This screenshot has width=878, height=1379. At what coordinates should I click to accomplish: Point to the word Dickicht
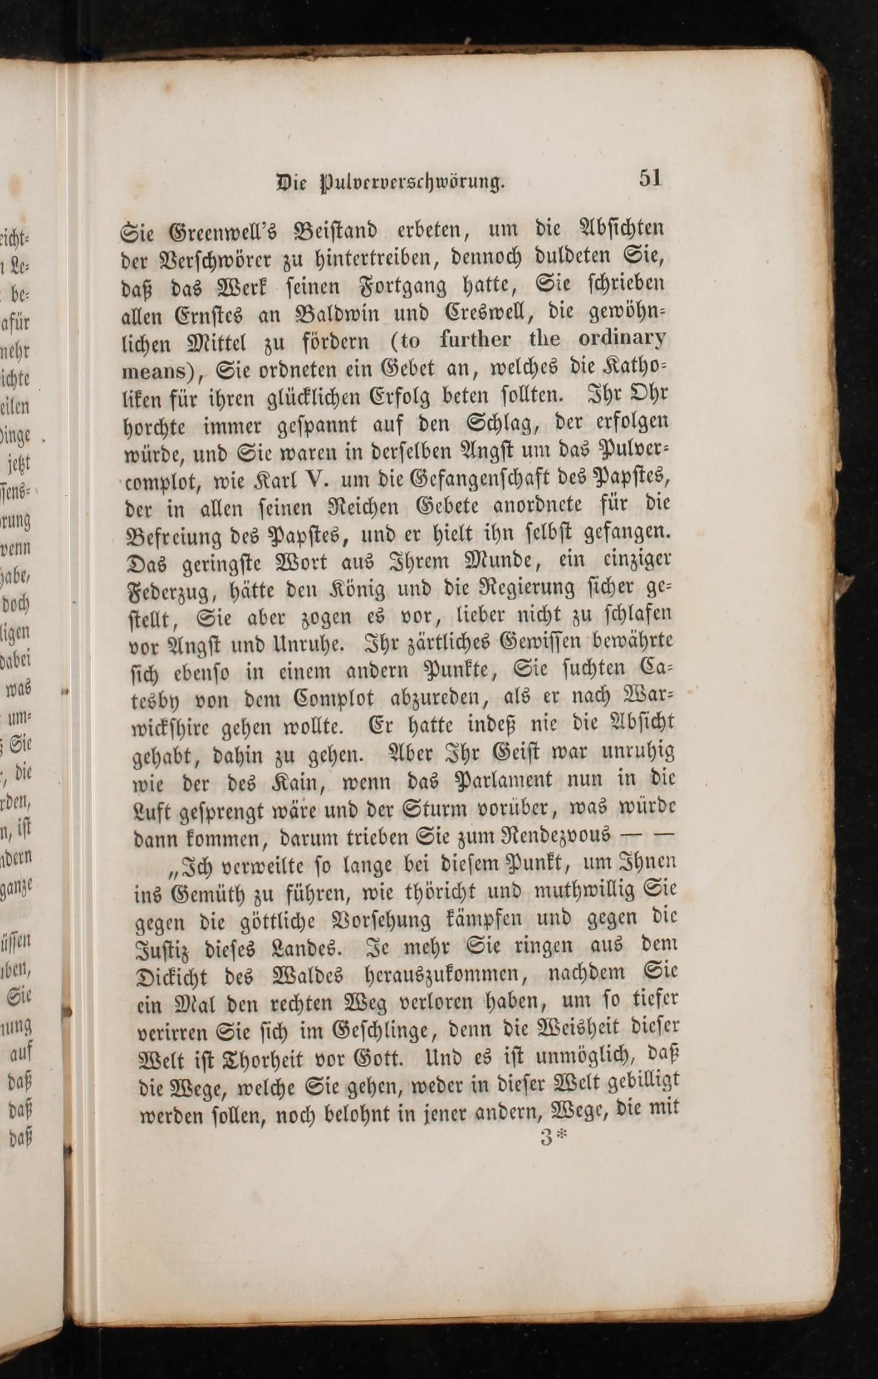(x=174, y=977)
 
